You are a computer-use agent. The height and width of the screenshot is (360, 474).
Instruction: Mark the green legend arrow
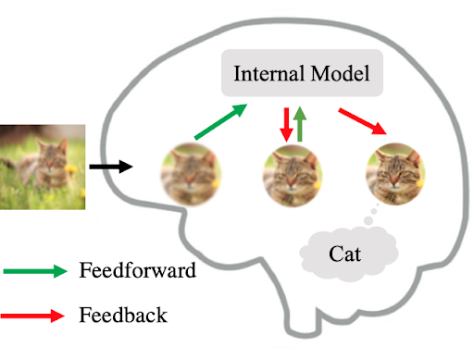[x=35, y=271]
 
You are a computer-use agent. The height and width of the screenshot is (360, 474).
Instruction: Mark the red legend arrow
[x=35, y=315]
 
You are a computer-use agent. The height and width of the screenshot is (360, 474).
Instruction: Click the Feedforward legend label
[x=136, y=271]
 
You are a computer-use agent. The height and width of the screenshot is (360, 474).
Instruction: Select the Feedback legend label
[x=123, y=315]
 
